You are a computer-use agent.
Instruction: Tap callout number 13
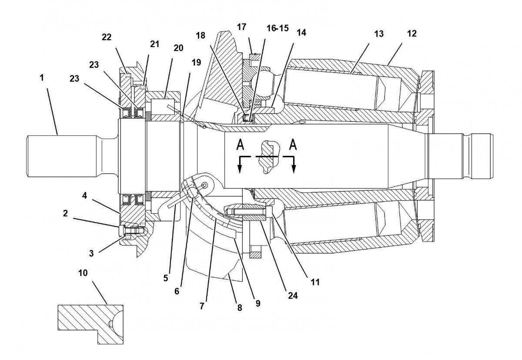tap(378, 34)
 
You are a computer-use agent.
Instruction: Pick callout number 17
tap(241, 27)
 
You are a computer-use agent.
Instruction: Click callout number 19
tap(196, 62)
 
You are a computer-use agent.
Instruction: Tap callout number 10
tap(83, 273)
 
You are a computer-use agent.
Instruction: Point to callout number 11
tap(315, 282)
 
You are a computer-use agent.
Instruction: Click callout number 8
tap(238, 307)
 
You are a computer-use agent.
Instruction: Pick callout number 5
tap(166, 278)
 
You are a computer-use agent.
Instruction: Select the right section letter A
tap(294, 144)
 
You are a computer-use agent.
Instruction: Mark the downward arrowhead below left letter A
tap(239, 170)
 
